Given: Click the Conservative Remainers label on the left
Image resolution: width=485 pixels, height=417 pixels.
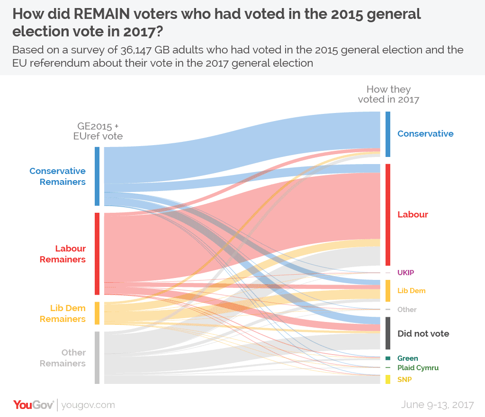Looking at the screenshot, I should [57, 176].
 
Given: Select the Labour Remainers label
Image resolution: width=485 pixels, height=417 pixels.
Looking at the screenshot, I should [63, 254].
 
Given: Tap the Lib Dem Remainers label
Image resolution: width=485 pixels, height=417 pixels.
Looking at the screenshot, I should [63, 313].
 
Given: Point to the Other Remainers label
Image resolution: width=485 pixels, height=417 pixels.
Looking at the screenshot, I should [63, 358].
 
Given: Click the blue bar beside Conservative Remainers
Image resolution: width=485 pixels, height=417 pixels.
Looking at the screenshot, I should [97, 176].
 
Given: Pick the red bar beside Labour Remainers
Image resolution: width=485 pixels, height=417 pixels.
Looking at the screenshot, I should [97, 254].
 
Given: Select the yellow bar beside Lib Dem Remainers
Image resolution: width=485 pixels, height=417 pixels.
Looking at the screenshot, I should [97, 313].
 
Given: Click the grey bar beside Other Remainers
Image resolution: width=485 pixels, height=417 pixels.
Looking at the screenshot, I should [97, 357].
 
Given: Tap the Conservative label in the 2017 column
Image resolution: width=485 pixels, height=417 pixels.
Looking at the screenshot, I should [425, 134].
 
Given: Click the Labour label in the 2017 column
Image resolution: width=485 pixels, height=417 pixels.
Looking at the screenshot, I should [413, 215].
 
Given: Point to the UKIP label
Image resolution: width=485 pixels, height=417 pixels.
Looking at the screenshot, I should [406, 273].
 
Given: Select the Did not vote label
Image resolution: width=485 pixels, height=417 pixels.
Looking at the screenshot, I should [423, 334].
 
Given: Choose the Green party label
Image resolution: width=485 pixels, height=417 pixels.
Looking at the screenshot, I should [408, 358].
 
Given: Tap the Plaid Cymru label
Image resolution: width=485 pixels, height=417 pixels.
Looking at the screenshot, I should [418, 368].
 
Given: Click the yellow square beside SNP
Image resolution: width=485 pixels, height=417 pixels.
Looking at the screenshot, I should [387, 379].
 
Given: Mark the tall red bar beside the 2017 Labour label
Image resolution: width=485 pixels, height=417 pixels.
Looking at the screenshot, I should [387, 215].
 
